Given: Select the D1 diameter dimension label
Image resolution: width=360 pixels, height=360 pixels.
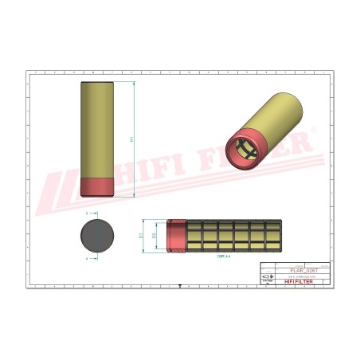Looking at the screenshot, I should click(142, 235).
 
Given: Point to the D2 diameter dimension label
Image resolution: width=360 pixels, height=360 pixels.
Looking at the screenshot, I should click(154, 235).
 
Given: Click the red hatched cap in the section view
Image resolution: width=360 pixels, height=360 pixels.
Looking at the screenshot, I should click(175, 235).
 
